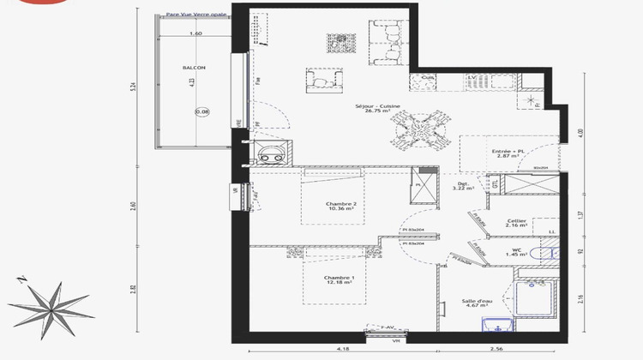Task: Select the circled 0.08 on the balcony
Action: [201, 111]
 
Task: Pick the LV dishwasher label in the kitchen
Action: [472, 78]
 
